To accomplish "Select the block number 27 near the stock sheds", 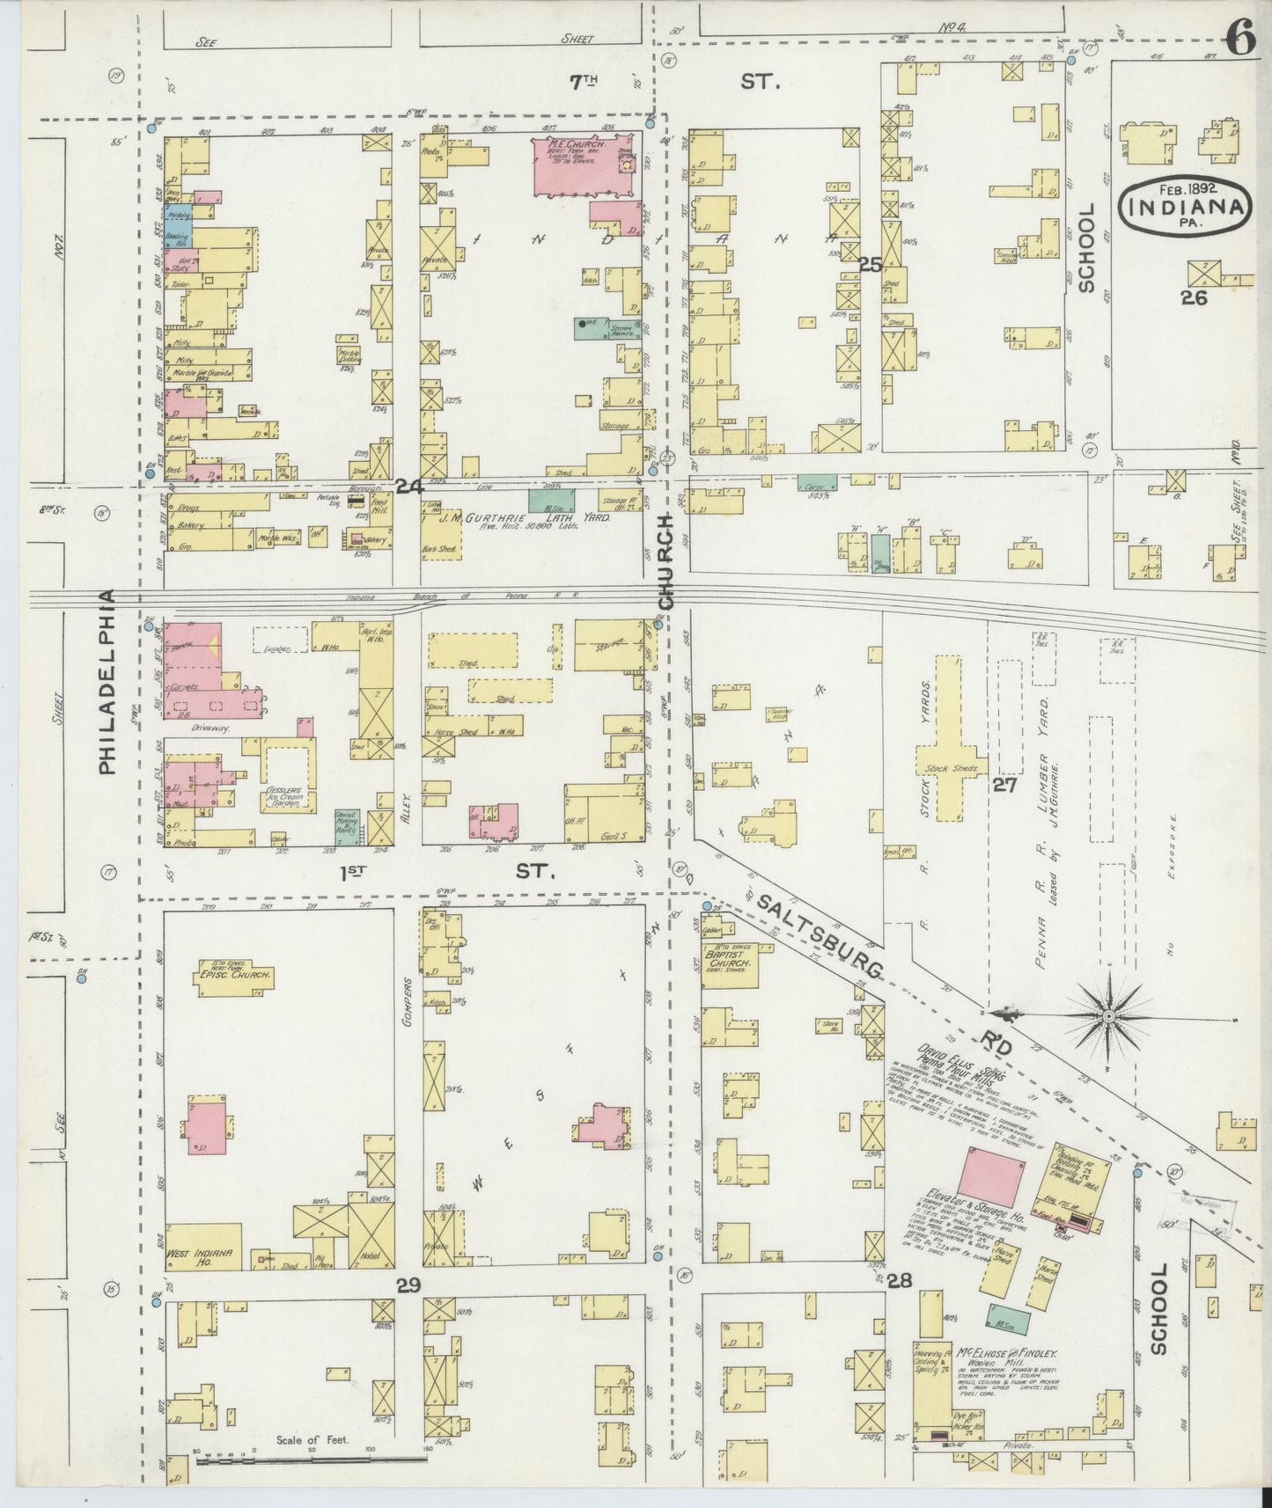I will (x=1005, y=785).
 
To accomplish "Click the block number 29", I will (x=408, y=1286).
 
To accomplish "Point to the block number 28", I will (x=899, y=1279).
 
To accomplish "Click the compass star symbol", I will (x=1107, y=1017).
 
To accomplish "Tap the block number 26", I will (x=1194, y=298).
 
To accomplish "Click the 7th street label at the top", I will (x=583, y=83).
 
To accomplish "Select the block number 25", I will (x=871, y=263).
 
